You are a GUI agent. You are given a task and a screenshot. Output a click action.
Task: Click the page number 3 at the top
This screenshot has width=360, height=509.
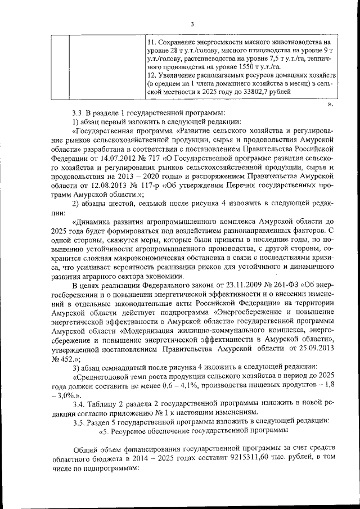192,24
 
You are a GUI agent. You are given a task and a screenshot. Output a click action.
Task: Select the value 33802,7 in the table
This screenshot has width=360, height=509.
264,91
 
